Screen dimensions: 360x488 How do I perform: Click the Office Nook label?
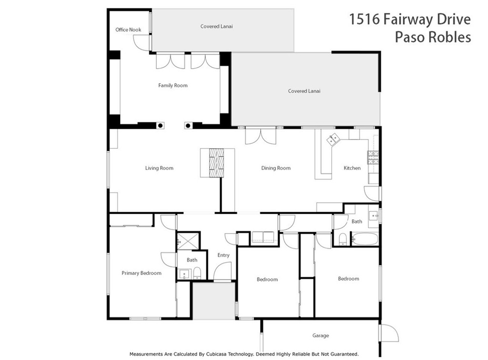pyautogui.click(x=128, y=30)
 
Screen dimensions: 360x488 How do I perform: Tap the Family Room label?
pyautogui.click(x=173, y=86)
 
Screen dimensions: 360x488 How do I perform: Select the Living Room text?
pyautogui.click(x=159, y=168)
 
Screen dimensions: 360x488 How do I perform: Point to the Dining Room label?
pyautogui.click(x=275, y=168)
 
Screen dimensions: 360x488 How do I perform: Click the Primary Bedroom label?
pyautogui.click(x=141, y=273)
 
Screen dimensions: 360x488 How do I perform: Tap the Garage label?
pyautogui.click(x=320, y=336)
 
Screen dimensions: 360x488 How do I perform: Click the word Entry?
pyautogui.click(x=224, y=255)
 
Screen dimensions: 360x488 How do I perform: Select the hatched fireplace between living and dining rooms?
pyautogui.click(x=216, y=162)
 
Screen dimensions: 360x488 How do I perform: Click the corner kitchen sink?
pyautogui.click(x=333, y=139)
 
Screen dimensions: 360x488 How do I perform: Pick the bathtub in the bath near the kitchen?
pyautogui.click(x=365, y=238)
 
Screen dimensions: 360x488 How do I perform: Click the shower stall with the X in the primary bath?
pyautogui.click(x=189, y=240)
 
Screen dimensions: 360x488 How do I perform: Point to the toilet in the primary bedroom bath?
pyautogui.click(x=197, y=273)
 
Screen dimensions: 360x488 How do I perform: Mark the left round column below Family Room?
pyautogui.click(x=161, y=126)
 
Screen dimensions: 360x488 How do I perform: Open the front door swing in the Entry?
pyautogui.click(x=223, y=273)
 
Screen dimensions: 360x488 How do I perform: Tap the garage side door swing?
pyautogui.click(x=389, y=333)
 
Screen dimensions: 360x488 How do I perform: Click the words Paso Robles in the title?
pyautogui.click(x=432, y=37)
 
